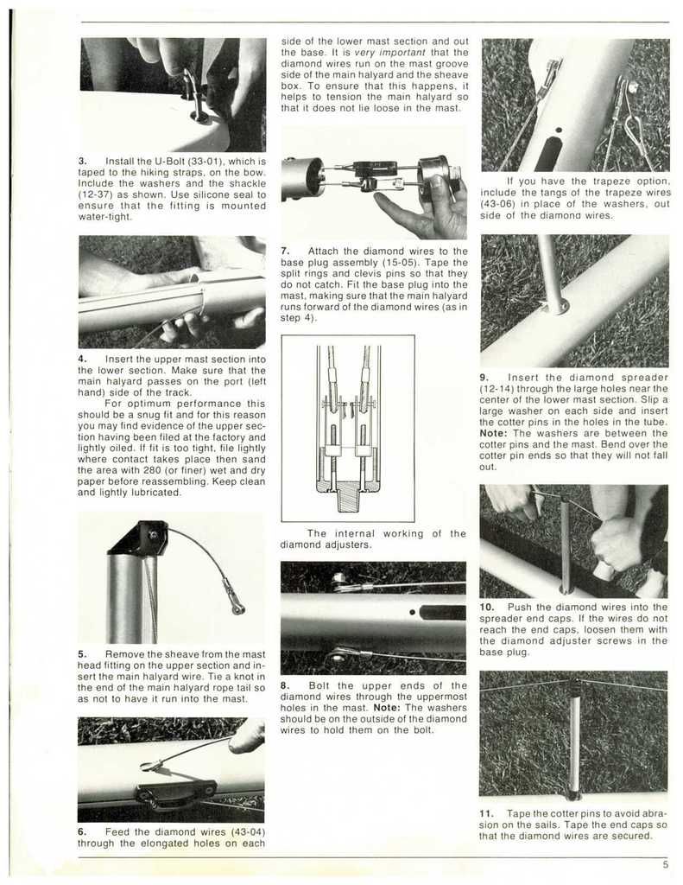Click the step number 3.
coord(81,162)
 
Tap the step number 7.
coord(285,251)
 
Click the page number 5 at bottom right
coord(666,863)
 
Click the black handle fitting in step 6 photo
coord(176,790)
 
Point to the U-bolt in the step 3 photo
coord(194,95)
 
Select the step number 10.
coord(488,608)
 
